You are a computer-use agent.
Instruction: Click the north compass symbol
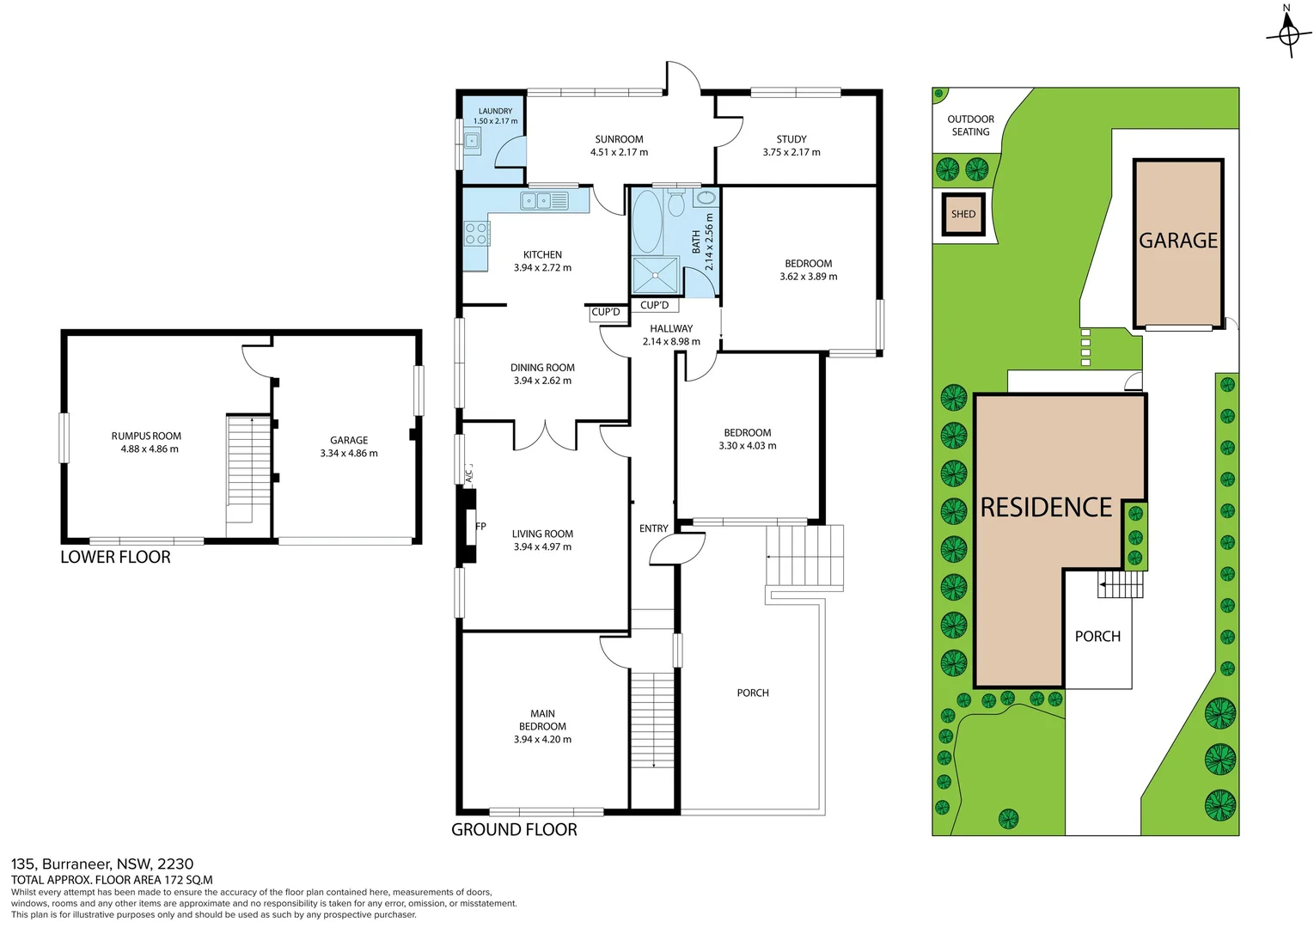pyautogui.click(x=1288, y=34)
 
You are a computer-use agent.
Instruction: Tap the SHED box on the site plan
pyautogui.click(x=963, y=214)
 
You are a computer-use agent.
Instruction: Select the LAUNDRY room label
pyautogui.click(x=495, y=111)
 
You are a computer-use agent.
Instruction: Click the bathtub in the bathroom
pyautogui.click(x=647, y=221)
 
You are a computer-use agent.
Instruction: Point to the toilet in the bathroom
pyautogui.click(x=675, y=205)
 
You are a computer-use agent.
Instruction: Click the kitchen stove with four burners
pyautogui.click(x=476, y=234)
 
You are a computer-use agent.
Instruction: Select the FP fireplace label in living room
pyautogui.click(x=480, y=527)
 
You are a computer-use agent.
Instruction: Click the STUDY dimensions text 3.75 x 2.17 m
pyautogui.click(x=791, y=152)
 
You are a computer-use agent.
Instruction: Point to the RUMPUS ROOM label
pyautogui.click(x=146, y=436)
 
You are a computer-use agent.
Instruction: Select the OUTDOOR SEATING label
pyautogui.click(x=970, y=125)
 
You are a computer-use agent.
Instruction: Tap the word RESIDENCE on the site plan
pyautogui.click(x=1046, y=507)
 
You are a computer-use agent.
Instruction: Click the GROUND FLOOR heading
pyautogui.click(x=514, y=829)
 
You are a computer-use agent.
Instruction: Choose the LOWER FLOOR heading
pyautogui.click(x=115, y=557)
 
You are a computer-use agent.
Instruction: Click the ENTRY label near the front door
pyautogui.click(x=653, y=528)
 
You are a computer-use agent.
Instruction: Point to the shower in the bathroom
pyautogui.click(x=656, y=275)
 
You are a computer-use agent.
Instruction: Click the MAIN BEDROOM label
pyautogui.click(x=542, y=720)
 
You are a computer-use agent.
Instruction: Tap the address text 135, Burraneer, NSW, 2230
pyautogui.click(x=102, y=864)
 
